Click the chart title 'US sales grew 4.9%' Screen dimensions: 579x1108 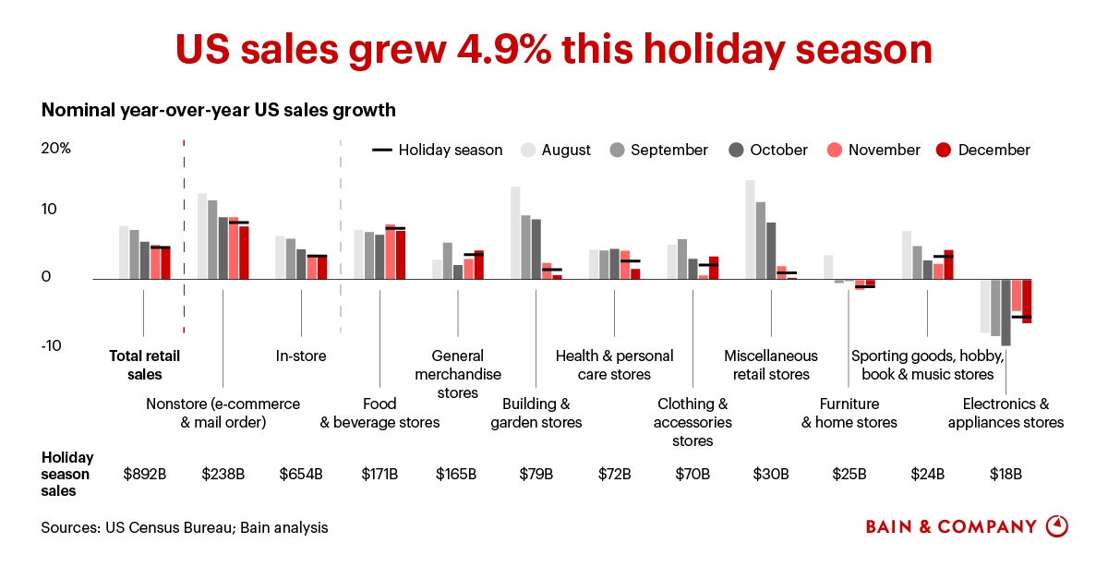tap(554, 49)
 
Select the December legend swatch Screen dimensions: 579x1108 tap(944, 150)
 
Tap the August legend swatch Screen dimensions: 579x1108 tap(528, 150)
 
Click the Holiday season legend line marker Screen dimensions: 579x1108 tap(381, 150)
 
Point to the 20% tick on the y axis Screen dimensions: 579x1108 tap(56, 149)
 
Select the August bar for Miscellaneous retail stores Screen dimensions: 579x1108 tap(750, 229)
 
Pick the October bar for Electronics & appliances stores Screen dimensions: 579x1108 tap(1006, 312)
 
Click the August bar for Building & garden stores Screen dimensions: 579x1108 tap(515, 233)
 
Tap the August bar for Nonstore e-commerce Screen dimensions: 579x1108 tap(202, 235)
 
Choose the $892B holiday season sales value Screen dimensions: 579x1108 tap(144, 475)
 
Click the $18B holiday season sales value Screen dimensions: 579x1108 tap(1006, 475)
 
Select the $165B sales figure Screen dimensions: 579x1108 tap(456, 475)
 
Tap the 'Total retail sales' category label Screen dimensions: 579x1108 tap(144, 365)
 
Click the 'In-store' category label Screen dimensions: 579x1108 tap(301, 356)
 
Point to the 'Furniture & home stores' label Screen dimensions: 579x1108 tap(849, 413)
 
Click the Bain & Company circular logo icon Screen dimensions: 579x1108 tap(1057, 526)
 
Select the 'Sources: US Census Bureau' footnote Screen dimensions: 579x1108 tap(184, 528)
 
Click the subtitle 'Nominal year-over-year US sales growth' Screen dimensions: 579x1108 tap(219, 110)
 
